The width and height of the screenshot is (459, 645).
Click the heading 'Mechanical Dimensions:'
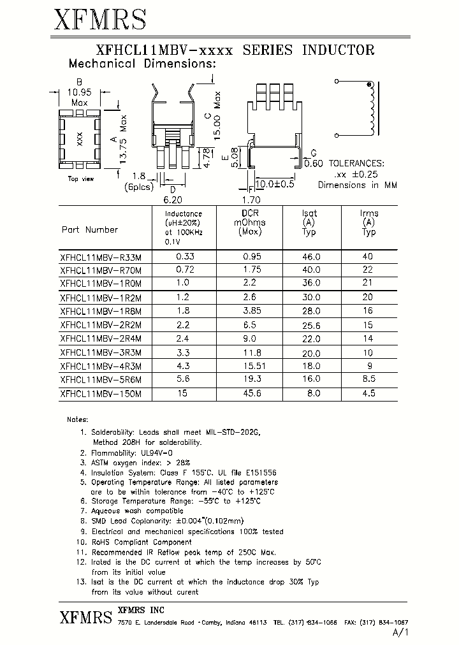(x=142, y=64)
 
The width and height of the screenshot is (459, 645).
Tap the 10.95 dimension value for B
(x=80, y=92)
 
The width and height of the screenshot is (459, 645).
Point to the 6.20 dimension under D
(x=173, y=199)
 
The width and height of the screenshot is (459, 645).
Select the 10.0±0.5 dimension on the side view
(x=275, y=184)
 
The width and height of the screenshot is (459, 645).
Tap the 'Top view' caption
(x=81, y=179)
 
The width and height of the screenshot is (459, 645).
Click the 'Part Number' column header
(x=90, y=229)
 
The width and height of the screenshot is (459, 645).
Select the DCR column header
(x=251, y=214)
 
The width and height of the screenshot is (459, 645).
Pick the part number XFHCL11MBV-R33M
(x=100, y=257)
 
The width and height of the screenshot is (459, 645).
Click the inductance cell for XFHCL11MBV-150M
(x=182, y=394)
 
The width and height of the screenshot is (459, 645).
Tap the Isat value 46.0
(x=310, y=257)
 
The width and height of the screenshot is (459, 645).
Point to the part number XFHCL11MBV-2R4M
(x=100, y=339)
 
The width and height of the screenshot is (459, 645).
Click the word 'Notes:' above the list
(x=78, y=419)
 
